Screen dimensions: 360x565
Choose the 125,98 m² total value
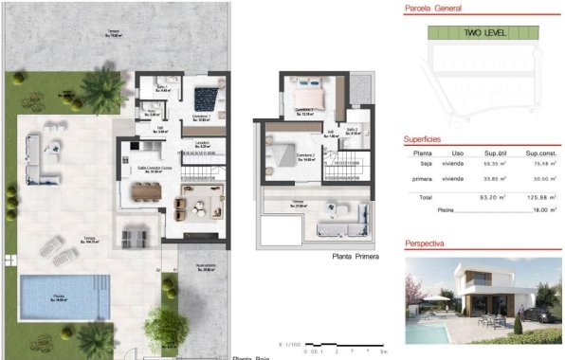pyautogui.click(x=540, y=197)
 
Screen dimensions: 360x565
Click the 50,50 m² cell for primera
pyautogui.click(x=540, y=176)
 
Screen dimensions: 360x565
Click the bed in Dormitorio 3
pyautogui.click(x=311, y=95)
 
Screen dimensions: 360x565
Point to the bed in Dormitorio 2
pyautogui.click(x=283, y=150)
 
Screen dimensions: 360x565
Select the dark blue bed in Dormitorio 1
pyautogui.click(x=206, y=98)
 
